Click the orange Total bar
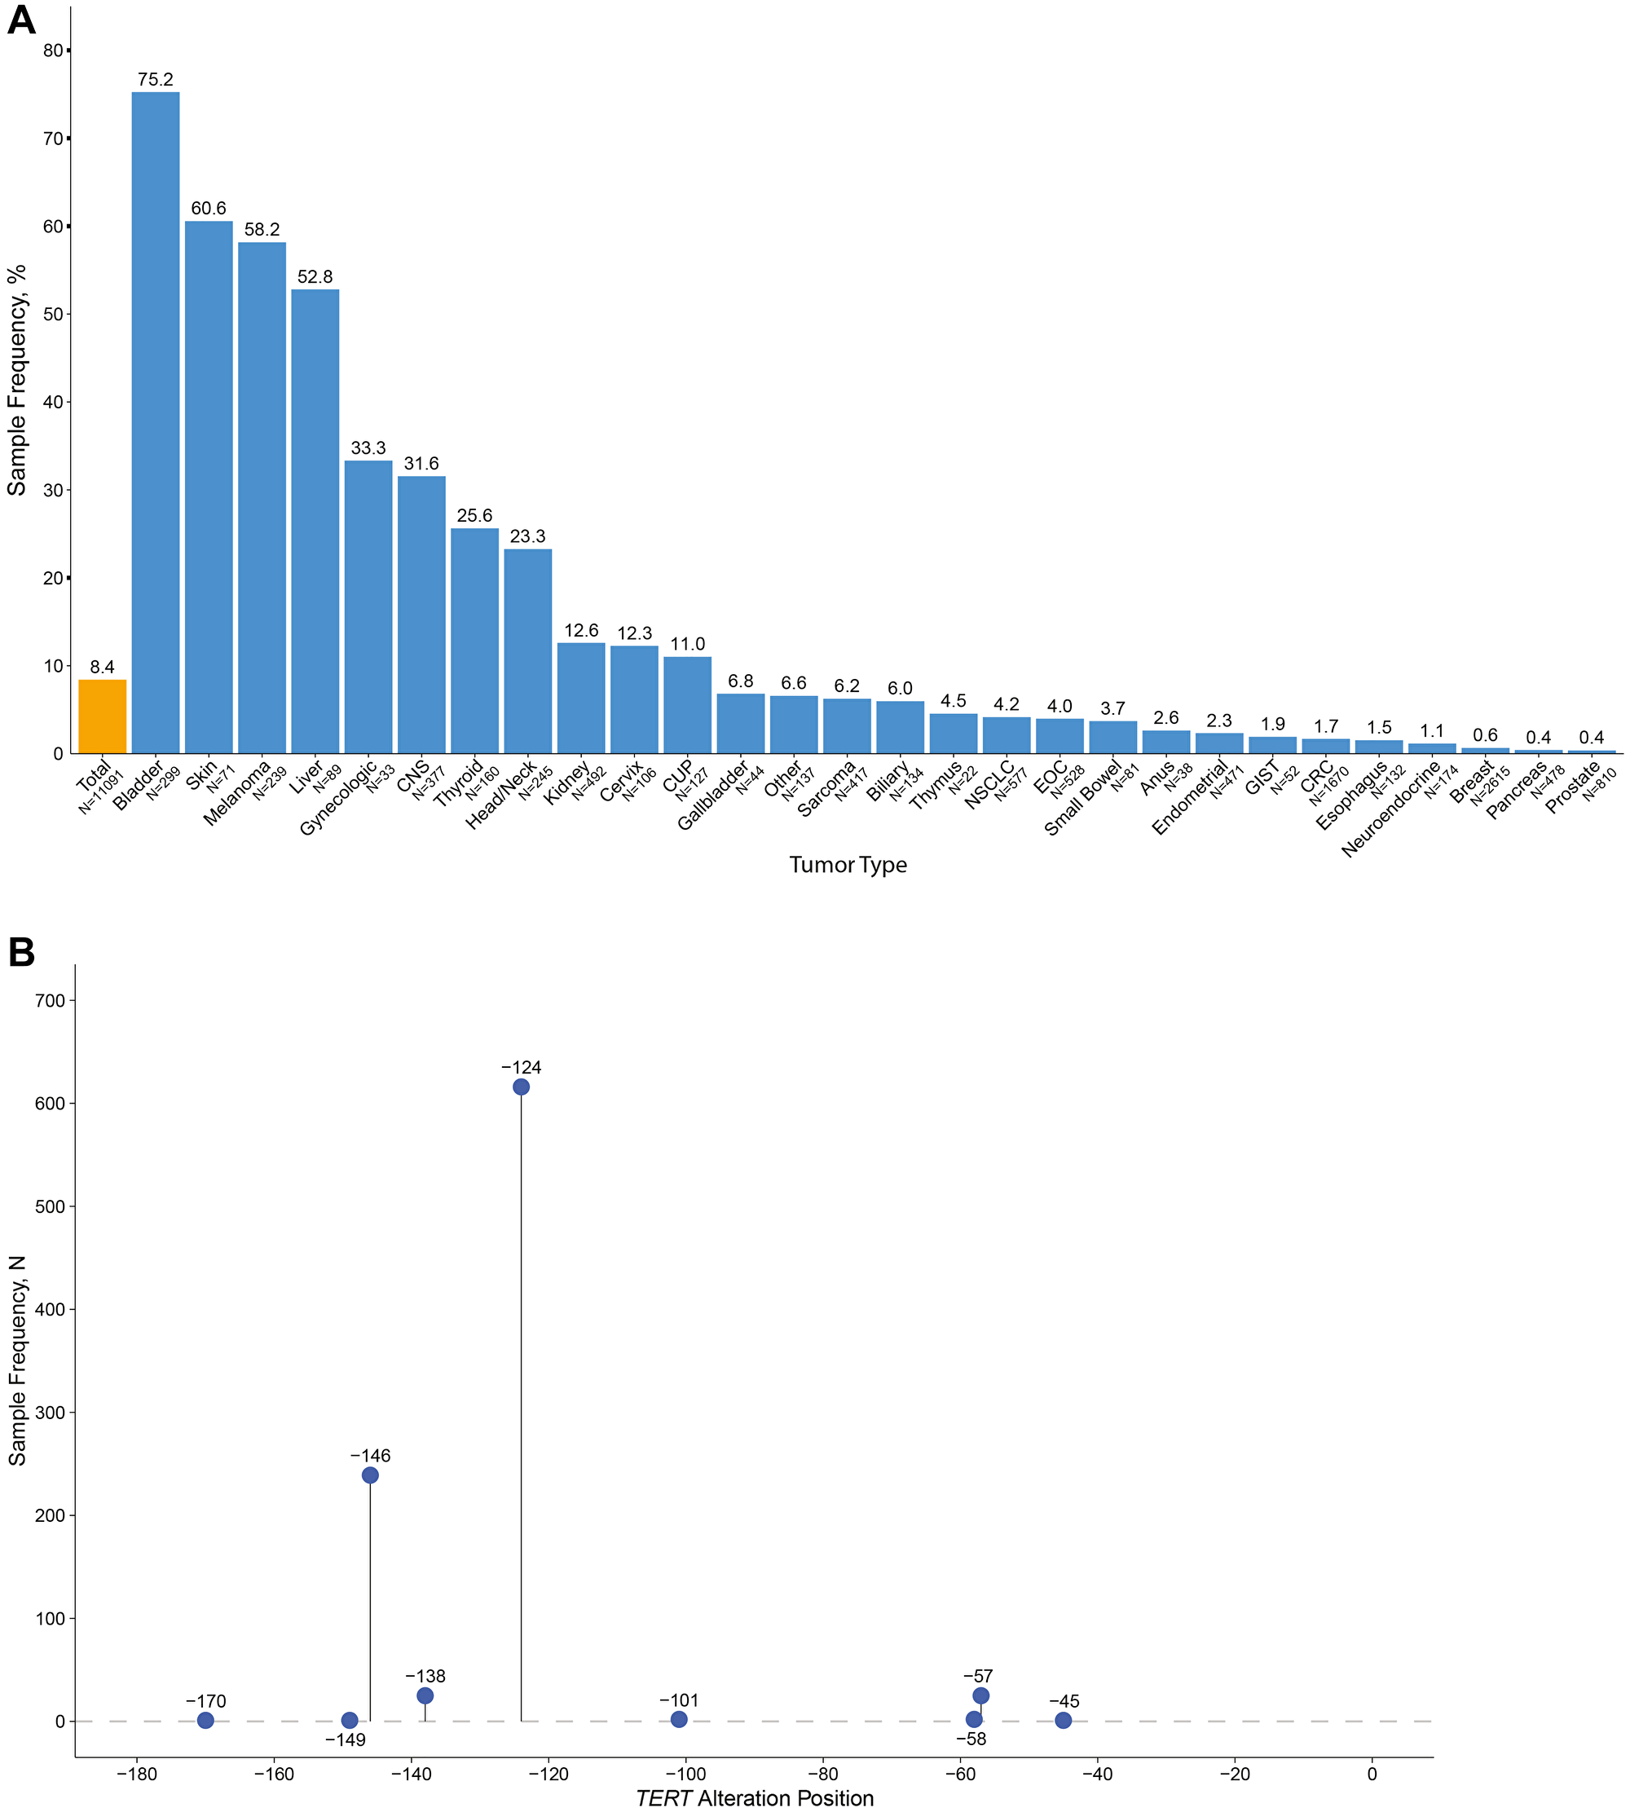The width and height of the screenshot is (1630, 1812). tap(102, 716)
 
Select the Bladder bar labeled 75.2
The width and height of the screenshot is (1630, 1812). tap(155, 421)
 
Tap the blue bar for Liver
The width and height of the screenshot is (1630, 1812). tap(315, 519)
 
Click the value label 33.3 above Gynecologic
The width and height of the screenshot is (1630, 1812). tap(368, 447)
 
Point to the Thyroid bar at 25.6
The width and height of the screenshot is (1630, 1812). tap(474, 641)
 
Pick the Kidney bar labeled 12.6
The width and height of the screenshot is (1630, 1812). tap(581, 698)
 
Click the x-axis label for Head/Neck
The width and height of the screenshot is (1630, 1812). tap(504, 795)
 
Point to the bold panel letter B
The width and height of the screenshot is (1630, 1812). tap(21, 952)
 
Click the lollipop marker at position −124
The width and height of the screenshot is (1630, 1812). tap(520, 1087)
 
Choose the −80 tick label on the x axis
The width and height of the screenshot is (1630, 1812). tap(822, 1774)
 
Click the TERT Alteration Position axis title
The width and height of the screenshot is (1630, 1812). tap(754, 1797)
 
